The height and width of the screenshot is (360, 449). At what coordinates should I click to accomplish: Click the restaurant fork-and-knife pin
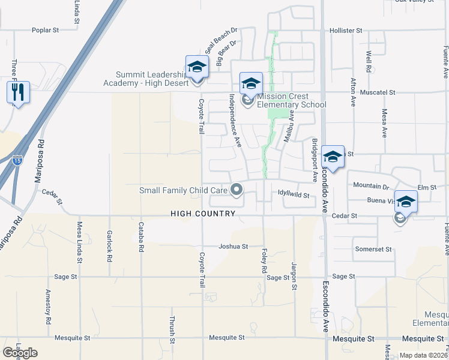click(x=18, y=92)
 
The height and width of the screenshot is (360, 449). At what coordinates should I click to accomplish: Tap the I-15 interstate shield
click(x=17, y=160)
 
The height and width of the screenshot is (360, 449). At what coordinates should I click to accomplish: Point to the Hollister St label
click(x=346, y=30)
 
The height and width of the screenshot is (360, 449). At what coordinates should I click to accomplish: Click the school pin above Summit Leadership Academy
click(x=196, y=67)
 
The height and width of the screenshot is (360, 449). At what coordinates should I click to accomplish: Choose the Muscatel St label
click(x=378, y=93)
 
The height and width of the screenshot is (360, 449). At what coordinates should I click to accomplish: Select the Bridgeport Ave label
click(x=315, y=160)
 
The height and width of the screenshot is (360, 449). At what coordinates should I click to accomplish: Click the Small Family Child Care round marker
click(x=237, y=190)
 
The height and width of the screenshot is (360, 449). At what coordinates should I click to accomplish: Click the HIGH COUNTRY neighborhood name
click(x=203, y=213)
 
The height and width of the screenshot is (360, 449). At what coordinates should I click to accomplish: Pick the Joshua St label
click(x=233, y=246)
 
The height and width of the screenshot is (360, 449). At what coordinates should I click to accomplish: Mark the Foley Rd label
click(x=264, y=262)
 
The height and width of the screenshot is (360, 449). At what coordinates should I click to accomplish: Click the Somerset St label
click(x=373, y=249)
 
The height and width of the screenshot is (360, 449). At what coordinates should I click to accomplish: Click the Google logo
click(x=20, y=353)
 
